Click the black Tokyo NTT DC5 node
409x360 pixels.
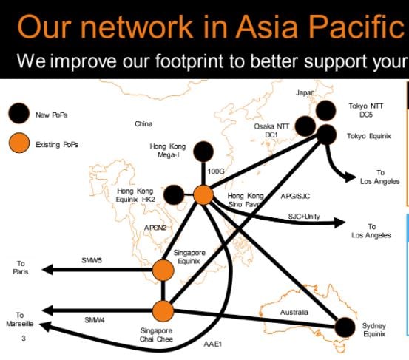coord(325,111)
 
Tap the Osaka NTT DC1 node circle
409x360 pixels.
coord(305,126)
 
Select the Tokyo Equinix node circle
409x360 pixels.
coord(326,135)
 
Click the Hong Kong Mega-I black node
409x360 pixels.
coord(203,152)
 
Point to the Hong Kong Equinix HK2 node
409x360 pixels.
coord(174,194)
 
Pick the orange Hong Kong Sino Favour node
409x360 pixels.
coord(203,195)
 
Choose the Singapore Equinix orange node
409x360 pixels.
coord(163,270)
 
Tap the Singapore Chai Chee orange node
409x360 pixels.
coord(163,311)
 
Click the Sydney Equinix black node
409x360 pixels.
coord(345,327)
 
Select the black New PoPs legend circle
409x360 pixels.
coord(18,113)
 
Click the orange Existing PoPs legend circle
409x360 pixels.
coord(18,143)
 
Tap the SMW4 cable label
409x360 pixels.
coord(95,320)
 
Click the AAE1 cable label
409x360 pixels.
coord(212,344)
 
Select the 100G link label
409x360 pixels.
coord(216,171)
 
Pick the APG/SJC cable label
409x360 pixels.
coord(295,196)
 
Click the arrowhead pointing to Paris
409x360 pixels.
coord(47,269)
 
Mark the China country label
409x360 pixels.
coord(143,124)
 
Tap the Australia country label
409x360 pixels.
coord(294,312)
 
